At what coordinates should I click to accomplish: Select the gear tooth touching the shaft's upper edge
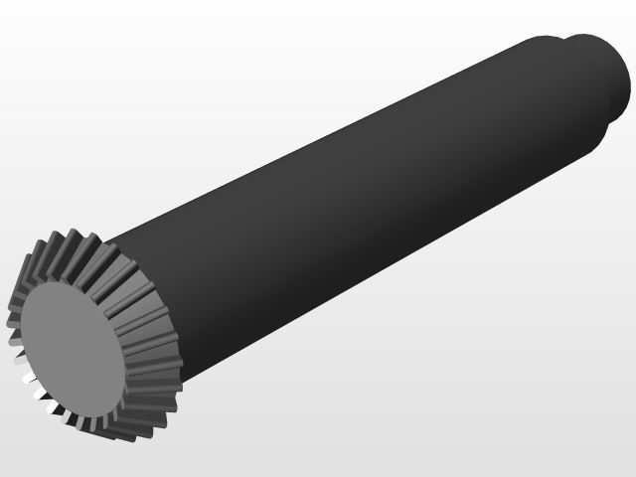coord(109,243)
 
